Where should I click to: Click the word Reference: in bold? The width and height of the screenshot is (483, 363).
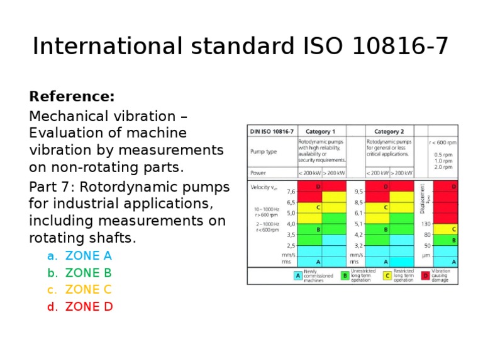tap(72, 97)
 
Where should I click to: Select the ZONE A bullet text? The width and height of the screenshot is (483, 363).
tap(89, 256)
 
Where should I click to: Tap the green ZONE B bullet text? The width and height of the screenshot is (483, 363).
tap(89, 273)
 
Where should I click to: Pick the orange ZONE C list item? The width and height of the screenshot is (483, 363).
tap(89, 290)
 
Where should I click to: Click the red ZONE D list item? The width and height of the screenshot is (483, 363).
tap(89, 307)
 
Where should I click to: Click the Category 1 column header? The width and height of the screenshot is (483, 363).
tap(321, 132)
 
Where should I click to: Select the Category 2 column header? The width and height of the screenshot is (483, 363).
tap(389, 132)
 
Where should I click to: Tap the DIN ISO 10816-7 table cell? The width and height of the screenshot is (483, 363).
tap(272, 132)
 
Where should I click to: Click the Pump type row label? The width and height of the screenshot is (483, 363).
tap(263, 152)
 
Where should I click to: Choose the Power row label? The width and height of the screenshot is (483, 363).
tap(258, 173)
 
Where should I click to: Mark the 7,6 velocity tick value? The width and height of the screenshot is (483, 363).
tap(291, 192)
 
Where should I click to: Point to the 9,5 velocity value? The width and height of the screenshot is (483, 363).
tap(358, 192)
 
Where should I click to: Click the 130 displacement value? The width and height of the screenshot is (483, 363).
tap(426, 224)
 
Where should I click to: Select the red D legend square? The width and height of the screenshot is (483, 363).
tap(426, 276)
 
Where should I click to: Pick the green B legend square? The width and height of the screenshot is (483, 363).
tap(345, 276)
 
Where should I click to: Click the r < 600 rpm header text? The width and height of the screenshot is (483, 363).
tap(443, 142)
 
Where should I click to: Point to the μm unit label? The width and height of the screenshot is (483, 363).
tap(426, 256)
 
